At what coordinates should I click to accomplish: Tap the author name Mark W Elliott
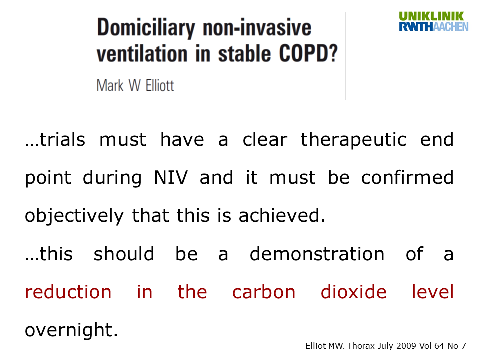(x=135, y=85)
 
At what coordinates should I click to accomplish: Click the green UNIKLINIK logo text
(x=431, y=16)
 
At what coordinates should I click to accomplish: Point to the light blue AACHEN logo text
(x=451, y=27)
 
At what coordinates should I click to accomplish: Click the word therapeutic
(x=353, y=140)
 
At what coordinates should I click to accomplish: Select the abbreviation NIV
(x=171, y=178)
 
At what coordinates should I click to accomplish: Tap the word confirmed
(x=407, y=177)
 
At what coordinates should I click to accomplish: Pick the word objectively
(x=74, y=216)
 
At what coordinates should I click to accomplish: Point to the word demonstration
(x=317, y=254)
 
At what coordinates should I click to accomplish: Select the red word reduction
(x=68, y=292)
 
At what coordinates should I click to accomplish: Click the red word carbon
(x=264, y=292)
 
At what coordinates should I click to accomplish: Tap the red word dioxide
(x=353, y=292)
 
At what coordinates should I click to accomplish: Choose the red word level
(x=433, y=292)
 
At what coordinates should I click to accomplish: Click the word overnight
(x=71, y=331)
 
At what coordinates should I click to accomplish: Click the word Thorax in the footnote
(x=361, y=346)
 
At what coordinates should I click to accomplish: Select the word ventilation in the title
(x=142, y=54)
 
